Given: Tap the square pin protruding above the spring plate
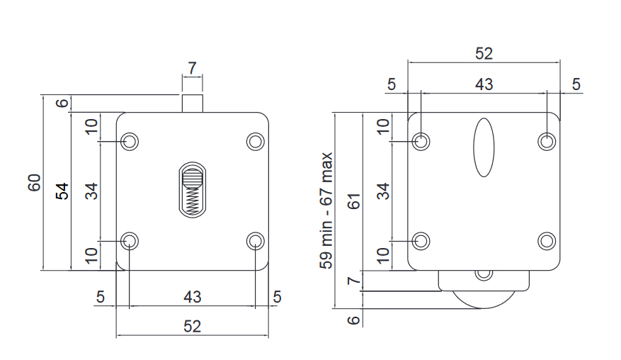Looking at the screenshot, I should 192,103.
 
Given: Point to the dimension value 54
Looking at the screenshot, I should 62,191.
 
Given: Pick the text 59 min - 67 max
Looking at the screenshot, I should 326,210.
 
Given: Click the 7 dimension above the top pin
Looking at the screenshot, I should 192,68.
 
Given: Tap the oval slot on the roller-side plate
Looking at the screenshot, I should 484,147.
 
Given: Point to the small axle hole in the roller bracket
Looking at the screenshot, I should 484,274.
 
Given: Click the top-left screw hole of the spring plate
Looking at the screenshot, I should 130,142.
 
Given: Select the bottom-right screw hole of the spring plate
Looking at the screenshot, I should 255,241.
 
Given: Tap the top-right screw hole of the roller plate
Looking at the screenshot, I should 546,142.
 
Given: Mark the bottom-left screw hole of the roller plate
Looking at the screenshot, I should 421,241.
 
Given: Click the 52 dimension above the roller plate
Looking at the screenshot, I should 484,54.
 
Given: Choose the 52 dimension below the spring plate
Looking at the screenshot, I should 192,327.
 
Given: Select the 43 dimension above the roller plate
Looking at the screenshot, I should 484,84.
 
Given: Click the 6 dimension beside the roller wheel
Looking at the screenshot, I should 355,320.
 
